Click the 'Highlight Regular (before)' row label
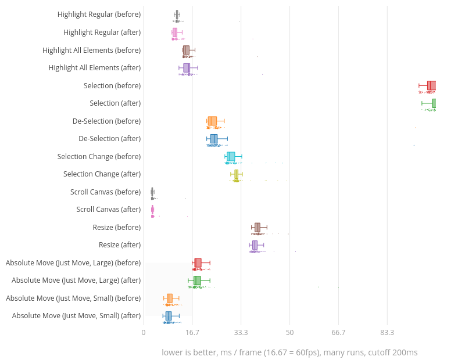pyautogui.click(x=99, y=15)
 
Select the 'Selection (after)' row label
pyautogui.click(x=115, y=103)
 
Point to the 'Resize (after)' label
pyautogui.click(x=120, y=245)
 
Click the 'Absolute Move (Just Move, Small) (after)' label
pyautogui.click(x=76, y=316)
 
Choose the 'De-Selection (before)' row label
pyautogui.click(x=106, y=121)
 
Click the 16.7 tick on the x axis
pyautogui.click(x=192, y=333)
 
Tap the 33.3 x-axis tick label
pyautogui.click(x=241, y=333)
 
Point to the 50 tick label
pyautogui.click(x=289, y=333)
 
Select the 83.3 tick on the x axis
pyautogui.click(x=387, y=333)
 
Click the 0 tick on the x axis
pyautogui.click(x=144, y=333)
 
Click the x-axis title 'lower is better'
pyautogui.click(x=289, y=352)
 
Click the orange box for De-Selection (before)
pyautogui.click(x=212, y=121)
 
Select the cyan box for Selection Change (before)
pyautogui.click(x=231, y=156)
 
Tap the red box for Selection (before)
pyautogui.click(x=431, y=85)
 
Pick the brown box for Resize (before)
pyautogui.click(x=257, y=227)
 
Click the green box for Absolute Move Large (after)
pyautogui.click(x=197, y=280)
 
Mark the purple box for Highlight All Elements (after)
pyautogui.click(x=187, y=68)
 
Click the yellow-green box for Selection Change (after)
pyautogui.click(x=236, y=174)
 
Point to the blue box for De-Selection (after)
pyautogui.click(x=214, y=139)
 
